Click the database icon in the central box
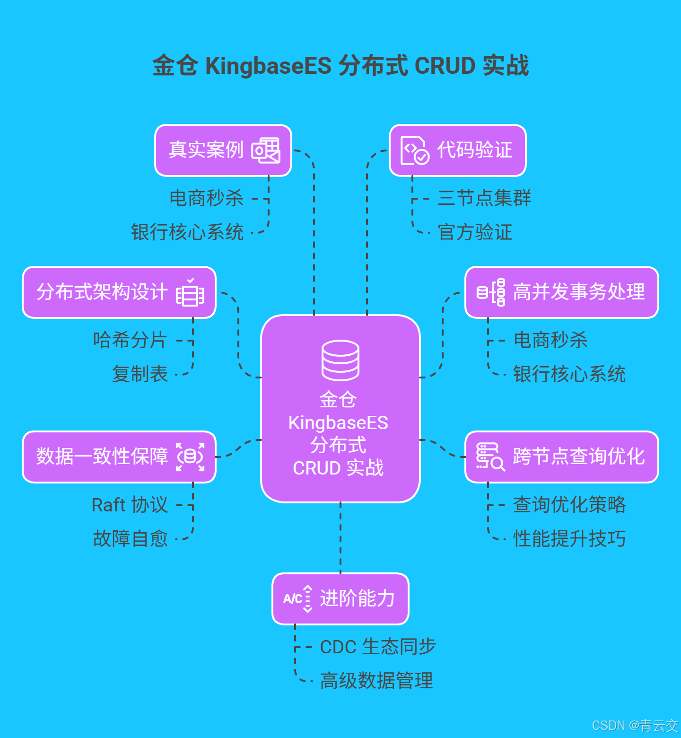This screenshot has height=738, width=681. pyautogui.click(x=340, y=360)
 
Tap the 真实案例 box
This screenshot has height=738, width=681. pyautogui.click(x=223, y=150)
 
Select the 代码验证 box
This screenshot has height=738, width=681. pyautogui.click(x=457, y=150)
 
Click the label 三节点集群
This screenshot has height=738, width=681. pyautogui.click(x=484, y=198)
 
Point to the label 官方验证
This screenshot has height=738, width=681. pyautogui.click(x=475, y=232)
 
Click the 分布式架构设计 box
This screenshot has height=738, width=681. pyautogui.click(x=119, y=292)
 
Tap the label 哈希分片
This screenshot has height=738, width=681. pyautogui.click(x=130, y=340)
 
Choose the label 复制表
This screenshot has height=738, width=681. pyautogui.click(x=140, y=374)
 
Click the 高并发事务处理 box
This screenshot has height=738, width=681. pyautogui.click(x=562, y=292)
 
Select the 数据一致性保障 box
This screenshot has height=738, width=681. pyautogui.click(x=119, y=457)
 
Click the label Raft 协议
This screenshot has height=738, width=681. pyautogui.click(x=130, y=505)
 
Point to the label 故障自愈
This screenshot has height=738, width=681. pyautogui.click(x=131, y=539)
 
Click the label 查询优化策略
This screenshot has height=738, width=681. pyautogui.click(x=569, y=505)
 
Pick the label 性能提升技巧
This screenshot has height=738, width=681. pyautogui.click(x=569, y=539)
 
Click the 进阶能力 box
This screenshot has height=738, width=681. pyautogui.click(x=340, y=599)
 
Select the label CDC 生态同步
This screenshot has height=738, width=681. pyautogui.click(x=378, y=647)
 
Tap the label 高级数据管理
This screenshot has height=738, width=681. pyautogui.click(x=376, y=681)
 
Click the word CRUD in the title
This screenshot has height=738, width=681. pyautogui.click(x=445, y=66)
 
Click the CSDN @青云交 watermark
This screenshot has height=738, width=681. pyautogui.click(x=635, y=726)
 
